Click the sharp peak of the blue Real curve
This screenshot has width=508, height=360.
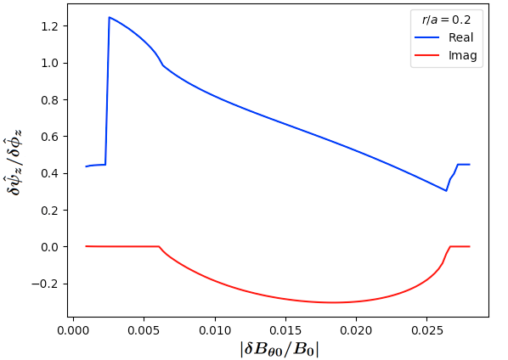click(110, 17)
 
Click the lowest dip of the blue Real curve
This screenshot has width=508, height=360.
click(446, 191)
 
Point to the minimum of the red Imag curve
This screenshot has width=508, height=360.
click(334, 303)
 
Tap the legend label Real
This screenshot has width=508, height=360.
click(460, 37)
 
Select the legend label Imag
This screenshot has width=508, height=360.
click(463, 56)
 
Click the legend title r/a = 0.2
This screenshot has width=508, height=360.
click(446, 20)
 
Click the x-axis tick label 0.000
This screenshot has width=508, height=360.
click(74, 330)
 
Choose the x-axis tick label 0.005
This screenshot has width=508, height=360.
click(144, 330)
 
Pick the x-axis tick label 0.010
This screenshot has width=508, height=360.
click(215, 330)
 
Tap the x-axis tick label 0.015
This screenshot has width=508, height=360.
click(285, 330)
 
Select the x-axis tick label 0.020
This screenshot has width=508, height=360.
click(356, 330)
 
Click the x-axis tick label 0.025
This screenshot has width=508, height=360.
click(426, 330)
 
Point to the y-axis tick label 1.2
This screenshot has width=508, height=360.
click(49, 26)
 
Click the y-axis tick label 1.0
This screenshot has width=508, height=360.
click(49, 63)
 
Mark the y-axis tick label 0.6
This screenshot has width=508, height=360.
click(49, 137)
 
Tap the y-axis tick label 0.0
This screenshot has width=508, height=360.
click(49, 247)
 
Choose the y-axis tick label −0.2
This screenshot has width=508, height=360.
click(45, 284)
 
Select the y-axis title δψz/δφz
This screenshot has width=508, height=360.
click(14, 161)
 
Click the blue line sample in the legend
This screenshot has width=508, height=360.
click(426, 37)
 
